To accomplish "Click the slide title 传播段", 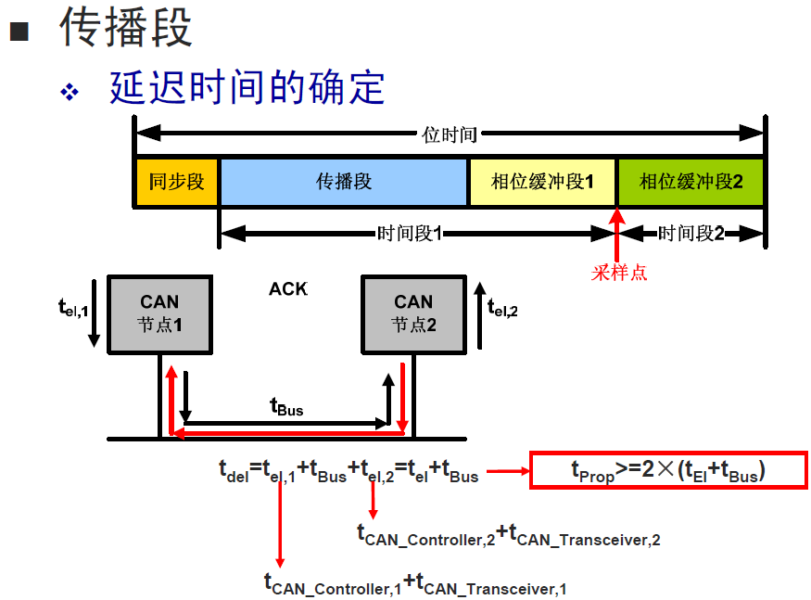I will pyautogui.click(x=126, y=27).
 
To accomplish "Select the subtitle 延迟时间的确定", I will pyautogui.click(x=247, y=88).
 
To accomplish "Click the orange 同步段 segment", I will pyautogui.click(x=176, y=182).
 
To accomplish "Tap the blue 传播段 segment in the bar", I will pyautogui.click(x=344, y=182).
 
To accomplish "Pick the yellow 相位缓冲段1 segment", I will pyautogui.click(x=542, y=182).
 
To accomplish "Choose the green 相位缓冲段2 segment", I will pyautogui.click(x=691, y=182).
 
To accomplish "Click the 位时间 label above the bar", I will pyautogui.click(x=450, y=135).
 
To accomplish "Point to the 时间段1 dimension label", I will pyautogui.click(x=409, y=234).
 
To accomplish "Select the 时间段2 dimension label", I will pyautogui.click(x=691, y=234).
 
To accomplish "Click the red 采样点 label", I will pyautogui.click(x=619, y=273).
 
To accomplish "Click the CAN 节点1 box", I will pyautogui.click(x=159, y=313).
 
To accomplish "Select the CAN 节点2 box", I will pyautogui.click(x=413, y=313).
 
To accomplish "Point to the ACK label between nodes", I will pyautogui.click(x=287, y=289).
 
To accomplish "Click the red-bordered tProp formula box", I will pyautogui.click(x=667, y=471).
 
